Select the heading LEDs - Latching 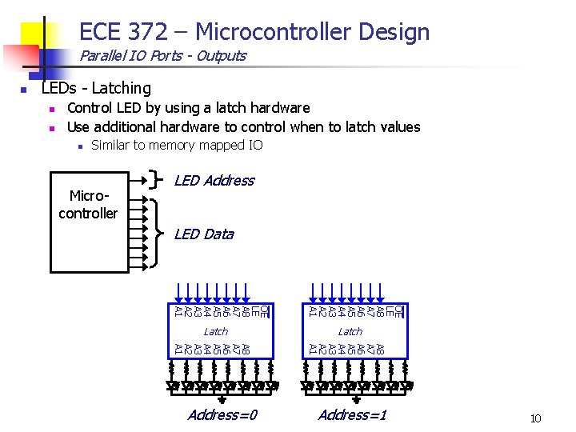click(x=96, y=88)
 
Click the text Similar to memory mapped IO click(x=177, y=145)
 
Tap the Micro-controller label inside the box click(x=88, y=205)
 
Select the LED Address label click(x=214, y=181)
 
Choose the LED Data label click(x=204, y=234)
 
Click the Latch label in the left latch click(x=215, y=331)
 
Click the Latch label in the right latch click(x=350, y=331)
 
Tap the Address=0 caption click(x=222, y=414)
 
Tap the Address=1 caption click(x=352, y=414)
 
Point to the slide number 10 click(x=535, y=418)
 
